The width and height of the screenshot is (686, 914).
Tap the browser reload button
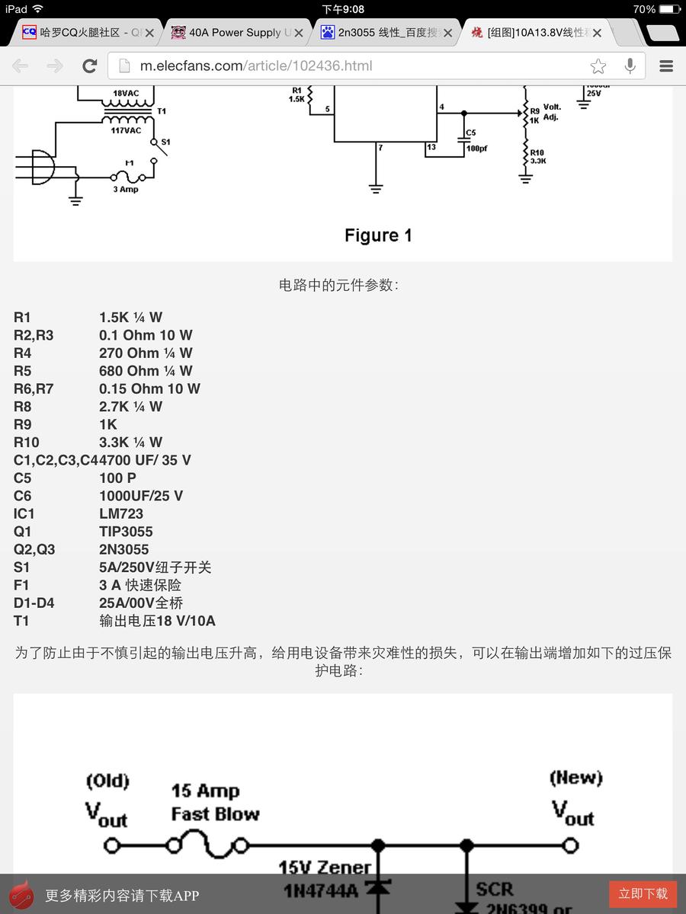point(90,66)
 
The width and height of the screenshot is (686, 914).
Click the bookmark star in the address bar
point(598,66)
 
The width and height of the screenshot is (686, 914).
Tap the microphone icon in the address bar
point(630,66)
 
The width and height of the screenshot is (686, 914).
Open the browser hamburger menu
point(666,66)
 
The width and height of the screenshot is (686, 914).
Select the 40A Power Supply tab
point(236,33)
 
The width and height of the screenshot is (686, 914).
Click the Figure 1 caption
point(378,235)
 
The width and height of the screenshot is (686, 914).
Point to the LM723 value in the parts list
point(121,513)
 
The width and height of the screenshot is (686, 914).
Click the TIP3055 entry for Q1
point(126,532)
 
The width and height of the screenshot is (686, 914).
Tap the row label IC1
point(24,513)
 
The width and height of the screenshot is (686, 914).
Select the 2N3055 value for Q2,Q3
point(124,549)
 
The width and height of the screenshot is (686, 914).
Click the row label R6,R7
point(34,388)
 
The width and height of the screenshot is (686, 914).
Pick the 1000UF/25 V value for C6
point(141,496)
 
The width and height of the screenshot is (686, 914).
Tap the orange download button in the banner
point(643,893)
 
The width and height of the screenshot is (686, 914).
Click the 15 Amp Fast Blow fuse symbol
point(208,845)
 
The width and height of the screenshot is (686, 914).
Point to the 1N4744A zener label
point(321,890)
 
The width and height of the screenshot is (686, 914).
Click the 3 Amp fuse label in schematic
point(126,189)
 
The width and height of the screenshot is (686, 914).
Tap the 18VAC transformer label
point(126,94)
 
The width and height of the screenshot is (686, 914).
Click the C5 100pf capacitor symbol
point(464,139)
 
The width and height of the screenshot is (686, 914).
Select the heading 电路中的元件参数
point(338,286)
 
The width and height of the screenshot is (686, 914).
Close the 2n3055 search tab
point(447,33)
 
